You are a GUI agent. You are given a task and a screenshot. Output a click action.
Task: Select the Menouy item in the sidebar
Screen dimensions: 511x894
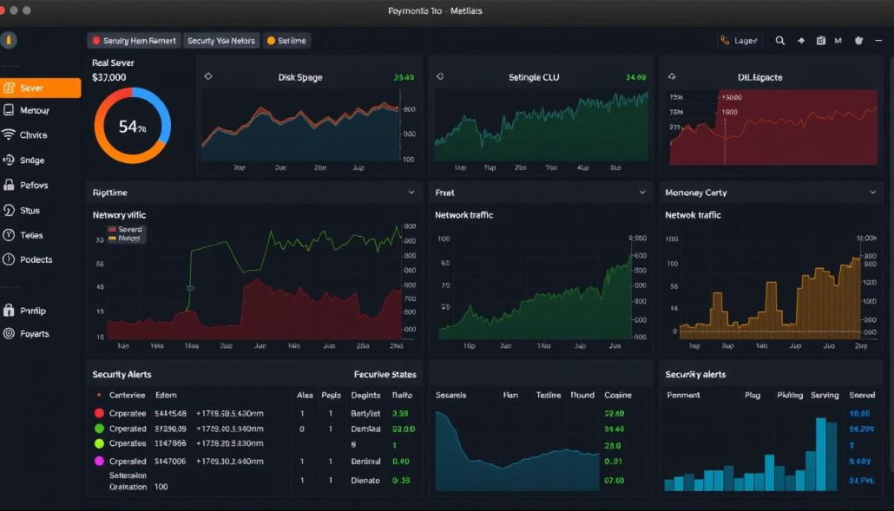(x=34, y=110)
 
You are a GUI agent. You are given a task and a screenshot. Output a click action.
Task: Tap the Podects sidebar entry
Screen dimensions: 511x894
(x=36, y=259)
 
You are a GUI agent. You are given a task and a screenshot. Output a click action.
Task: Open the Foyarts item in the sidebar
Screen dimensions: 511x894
(x=34, y=333)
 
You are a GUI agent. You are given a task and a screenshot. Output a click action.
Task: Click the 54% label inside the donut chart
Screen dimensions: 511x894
(x=132, y=127)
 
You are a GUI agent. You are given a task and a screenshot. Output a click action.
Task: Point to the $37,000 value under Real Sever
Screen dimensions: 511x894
(x=109, y=77)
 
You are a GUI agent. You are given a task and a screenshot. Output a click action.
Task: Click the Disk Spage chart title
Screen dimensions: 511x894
(x=299, y=77)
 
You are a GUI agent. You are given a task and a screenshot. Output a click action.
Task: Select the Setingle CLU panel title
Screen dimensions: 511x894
(x=533, y=77)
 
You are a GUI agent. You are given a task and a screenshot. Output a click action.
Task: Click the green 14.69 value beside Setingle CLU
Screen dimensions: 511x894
(x=635, y=77)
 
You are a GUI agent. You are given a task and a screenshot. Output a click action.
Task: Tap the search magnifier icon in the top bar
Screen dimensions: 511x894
(x=779, y=41)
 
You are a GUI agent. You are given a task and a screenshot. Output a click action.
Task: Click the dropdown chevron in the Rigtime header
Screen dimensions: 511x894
(x=411, y=192)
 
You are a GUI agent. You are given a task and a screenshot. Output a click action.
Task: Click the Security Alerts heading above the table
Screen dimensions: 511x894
(x=122, y=374)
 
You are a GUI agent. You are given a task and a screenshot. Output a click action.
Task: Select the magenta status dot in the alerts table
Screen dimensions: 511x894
(x=99, y=461)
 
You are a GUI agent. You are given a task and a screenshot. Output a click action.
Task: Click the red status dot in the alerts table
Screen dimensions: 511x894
(x=99, y=414)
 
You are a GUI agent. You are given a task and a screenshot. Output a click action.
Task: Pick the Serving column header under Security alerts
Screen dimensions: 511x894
(x=824, y=395)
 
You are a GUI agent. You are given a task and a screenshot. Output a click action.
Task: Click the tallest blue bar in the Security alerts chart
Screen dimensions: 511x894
(x=821, y=454)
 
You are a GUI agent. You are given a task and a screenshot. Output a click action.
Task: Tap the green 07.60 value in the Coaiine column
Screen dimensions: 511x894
(x=614, y=480)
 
